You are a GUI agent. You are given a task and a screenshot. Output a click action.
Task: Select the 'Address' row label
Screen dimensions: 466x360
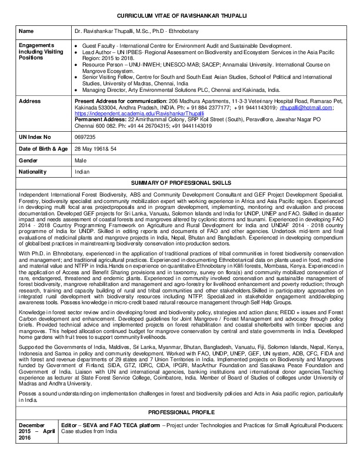pos(30,101)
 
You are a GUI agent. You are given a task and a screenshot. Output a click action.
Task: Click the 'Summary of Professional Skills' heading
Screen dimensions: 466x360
pos(180,183)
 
